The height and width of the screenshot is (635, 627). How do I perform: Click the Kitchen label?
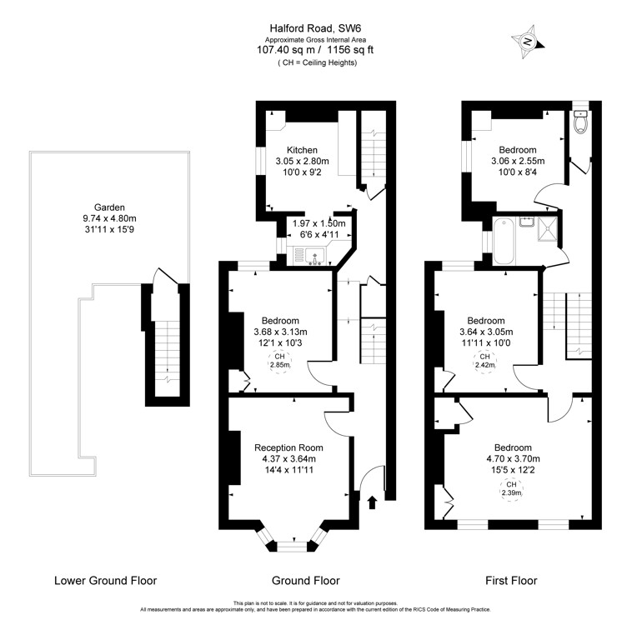tap(302, 150)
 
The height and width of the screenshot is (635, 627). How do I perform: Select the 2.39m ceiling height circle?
tap(511, 488)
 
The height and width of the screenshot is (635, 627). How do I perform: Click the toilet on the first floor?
tap(581, 124)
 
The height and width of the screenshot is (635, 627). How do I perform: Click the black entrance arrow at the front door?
tap(372, 502)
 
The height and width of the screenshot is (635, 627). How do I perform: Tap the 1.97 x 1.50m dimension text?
tap(318, 224)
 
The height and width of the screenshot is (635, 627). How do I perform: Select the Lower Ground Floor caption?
tap(105, 581)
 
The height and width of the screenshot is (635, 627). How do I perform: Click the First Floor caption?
tap(511, 581)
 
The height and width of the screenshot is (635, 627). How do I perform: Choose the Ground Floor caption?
tap(306, 581)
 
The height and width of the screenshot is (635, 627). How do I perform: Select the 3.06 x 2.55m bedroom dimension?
tap(517, 162)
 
